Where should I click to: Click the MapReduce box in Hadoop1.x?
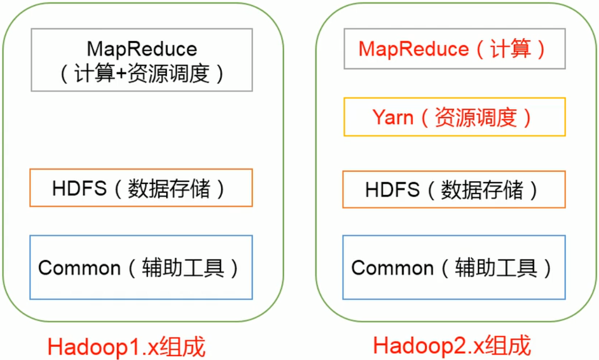pyautogui.click(x=141, y=60)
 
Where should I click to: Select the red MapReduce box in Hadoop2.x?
pyautogui.click(x=454, y=50)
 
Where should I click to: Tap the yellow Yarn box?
pyautogui.click(x=454, y=117)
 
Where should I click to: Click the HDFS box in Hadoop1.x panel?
pyautogui.click(x=141, y=188)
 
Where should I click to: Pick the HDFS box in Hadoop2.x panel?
pyautogui.click(x=454, y=189)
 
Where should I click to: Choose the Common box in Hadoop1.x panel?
pyautogui.click(x=141, y=267)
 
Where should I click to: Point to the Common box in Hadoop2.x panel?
pyautogui.click(x=454, y=267)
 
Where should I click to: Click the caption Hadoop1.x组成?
pyautogui.click(x=126, y=347)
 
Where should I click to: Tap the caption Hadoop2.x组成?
pyautogui.click(x=452, y=346)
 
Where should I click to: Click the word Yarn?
pyautogui.click(x=393, y=117)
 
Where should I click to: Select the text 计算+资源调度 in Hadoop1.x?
pyautogui.click(x=142, y=73)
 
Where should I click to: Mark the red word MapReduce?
pyautogui.click(x=414, y=50)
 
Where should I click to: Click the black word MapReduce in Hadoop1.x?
pyautogui.click(x=142, y=49)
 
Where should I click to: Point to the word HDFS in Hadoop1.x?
pyautogui.click(x=79, y=189)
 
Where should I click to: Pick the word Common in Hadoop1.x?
pyautogui.click(x=79, y=268)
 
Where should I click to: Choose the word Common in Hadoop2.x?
pyautogui.click(x=392, y=268)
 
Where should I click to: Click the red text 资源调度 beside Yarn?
pyautogui.click(x=475, y=117)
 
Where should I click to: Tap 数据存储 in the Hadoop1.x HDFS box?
pyautogui.click(x=169, y=189)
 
